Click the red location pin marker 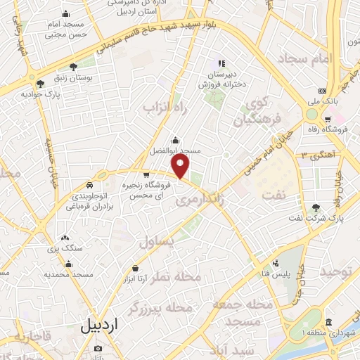(181, 167)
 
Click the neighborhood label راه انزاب (157, 107)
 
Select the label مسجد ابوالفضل (174, 150)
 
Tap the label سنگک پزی (65, 250)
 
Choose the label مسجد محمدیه (68, 274)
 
